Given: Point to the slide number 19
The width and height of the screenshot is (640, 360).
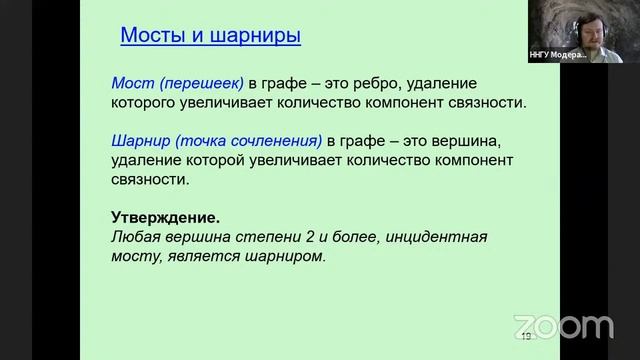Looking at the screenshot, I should [x=524, y=336].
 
